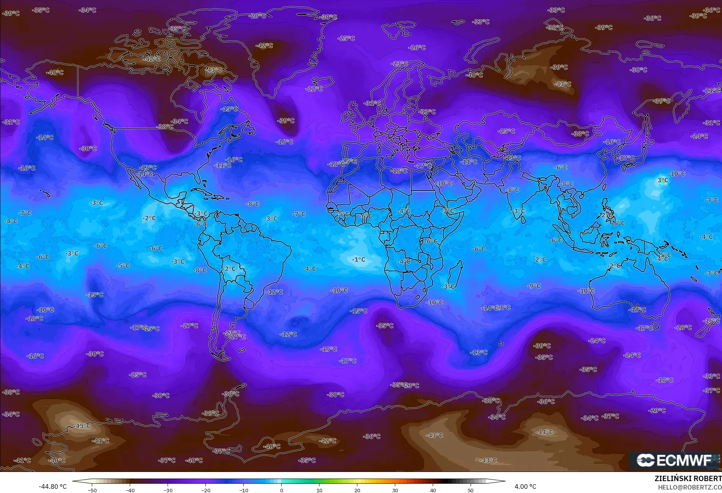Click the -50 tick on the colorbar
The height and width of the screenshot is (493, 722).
92,490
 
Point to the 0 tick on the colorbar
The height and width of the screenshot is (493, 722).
282,490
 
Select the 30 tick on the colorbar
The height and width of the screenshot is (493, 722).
395,490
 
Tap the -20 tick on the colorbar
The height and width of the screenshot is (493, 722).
206,490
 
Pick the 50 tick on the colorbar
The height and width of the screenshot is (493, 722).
471,490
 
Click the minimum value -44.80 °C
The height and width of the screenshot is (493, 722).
52,486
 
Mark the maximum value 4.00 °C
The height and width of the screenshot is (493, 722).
525,486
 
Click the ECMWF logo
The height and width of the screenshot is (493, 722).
674,460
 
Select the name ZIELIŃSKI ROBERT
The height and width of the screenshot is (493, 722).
688,478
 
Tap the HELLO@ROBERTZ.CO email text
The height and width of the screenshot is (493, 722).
689,487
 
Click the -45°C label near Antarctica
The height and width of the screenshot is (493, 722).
83,426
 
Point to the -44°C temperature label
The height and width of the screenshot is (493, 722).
545,432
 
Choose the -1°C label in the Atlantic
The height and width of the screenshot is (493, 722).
359,259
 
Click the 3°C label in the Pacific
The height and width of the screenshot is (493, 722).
663,180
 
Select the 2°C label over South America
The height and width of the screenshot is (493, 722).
230,269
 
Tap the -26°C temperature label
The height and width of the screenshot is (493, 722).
417,47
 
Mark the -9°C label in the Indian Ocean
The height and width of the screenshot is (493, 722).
534,286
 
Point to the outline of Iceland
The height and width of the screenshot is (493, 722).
322,82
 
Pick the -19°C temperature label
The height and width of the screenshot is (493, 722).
329,349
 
